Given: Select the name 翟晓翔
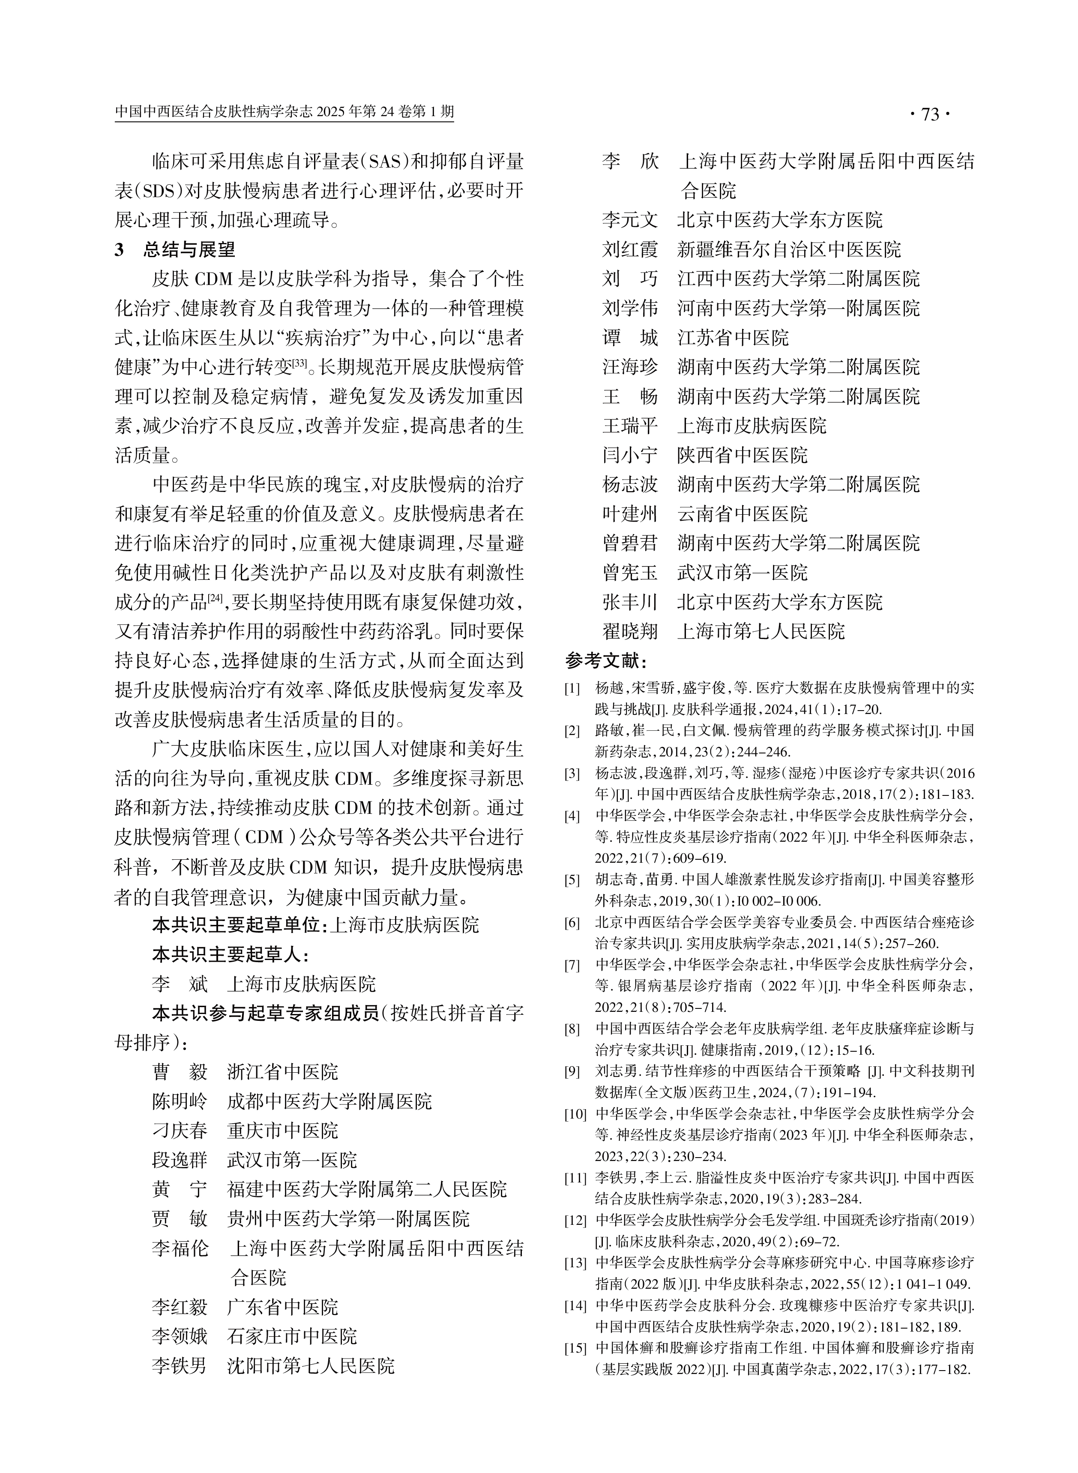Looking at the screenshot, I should coord(630,631).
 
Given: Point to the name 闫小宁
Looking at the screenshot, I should coord(630,455).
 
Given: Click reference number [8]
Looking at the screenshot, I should coord(572,1029).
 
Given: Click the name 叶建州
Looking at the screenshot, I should coord(630,513).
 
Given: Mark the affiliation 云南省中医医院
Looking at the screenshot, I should coord(742,513).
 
